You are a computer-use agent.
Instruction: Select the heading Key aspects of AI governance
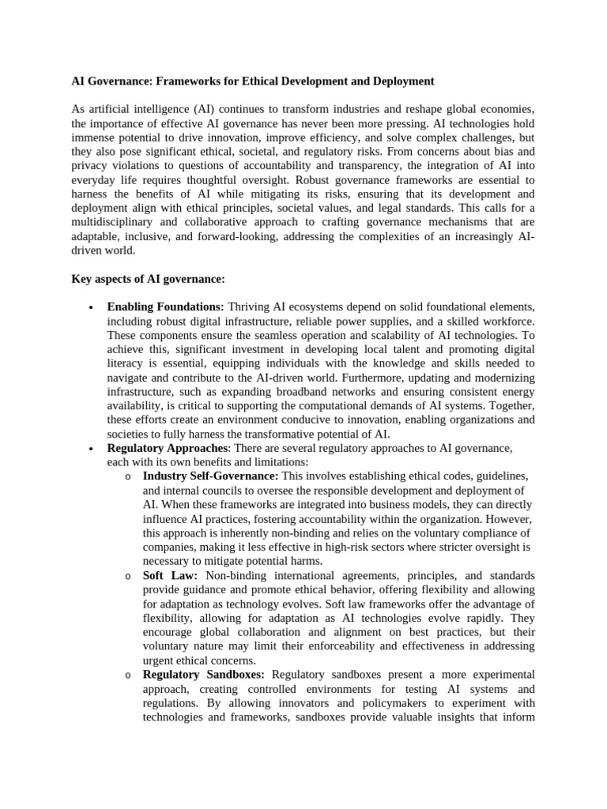click(149, 280)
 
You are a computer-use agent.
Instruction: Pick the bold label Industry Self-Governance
click(210, 476)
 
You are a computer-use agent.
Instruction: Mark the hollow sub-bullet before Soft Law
click(128, 576)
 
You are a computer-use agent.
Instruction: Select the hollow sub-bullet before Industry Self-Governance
click(128, 477)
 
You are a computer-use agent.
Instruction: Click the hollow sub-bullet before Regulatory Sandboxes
click(128, 675)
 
